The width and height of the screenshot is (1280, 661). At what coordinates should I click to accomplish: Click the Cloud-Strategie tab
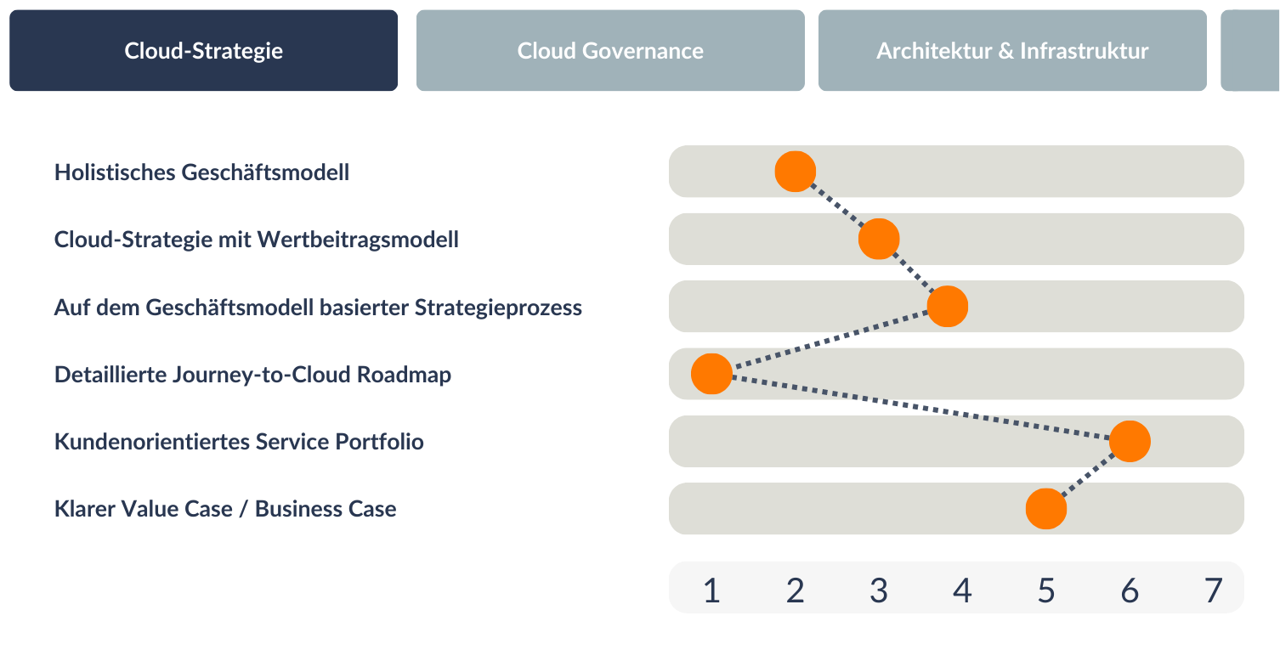point(203,50)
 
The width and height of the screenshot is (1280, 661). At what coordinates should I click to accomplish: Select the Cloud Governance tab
point(610,50)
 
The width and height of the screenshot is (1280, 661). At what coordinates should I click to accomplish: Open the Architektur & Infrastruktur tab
point(1012,50)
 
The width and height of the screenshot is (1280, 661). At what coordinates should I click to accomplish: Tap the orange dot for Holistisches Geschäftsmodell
point(796,172)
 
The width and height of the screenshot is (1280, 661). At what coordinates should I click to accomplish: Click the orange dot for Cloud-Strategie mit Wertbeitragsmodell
point(879,239)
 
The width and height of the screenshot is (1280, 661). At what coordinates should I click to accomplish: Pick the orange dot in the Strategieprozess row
point(948,306)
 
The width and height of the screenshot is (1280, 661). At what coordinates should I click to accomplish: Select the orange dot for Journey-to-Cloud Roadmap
point(711,374)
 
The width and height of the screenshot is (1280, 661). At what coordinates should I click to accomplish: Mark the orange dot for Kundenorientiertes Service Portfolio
point(1130,441)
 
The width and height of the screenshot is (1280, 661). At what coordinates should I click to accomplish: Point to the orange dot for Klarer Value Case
point(1046,508)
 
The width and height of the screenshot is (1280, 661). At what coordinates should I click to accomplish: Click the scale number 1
point(711,590)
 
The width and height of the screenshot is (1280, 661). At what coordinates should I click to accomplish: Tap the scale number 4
point(962,590)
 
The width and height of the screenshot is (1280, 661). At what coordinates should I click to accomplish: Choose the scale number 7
point(1213,590)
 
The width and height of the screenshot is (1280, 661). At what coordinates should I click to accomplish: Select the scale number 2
point(796,590)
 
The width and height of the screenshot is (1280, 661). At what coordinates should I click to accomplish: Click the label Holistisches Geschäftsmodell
point(201,172)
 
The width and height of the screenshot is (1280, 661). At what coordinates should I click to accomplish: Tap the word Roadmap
point(404,375)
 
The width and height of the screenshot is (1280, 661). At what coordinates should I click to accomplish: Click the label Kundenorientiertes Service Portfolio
point(239,442)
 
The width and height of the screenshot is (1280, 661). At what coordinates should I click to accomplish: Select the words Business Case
point(326,508)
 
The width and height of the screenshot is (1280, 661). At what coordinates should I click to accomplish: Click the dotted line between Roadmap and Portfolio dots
point(920,407)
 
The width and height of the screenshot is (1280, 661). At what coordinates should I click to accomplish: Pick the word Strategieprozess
point(498,308)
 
